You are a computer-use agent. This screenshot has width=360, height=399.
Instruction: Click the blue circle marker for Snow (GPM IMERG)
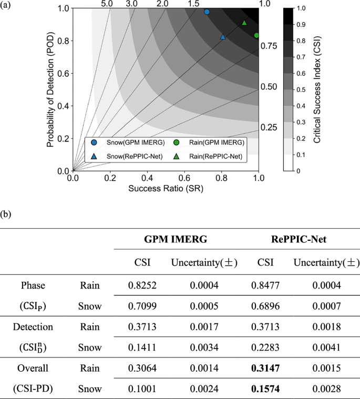tap(207, 12)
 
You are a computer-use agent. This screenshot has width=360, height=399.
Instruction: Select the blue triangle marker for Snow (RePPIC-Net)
tap(223, 37)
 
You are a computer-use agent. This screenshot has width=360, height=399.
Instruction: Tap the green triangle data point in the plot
tap(244, 23)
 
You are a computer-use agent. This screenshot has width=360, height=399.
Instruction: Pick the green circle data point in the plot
tap(256, 35)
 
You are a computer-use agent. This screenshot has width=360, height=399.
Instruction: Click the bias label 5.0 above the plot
tap(107, 4)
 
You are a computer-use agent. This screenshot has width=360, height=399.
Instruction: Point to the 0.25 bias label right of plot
tap(269, 128)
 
